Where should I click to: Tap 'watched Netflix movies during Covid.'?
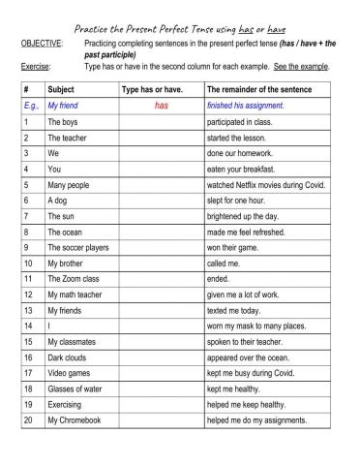coord(266,184)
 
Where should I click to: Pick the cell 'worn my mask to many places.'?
coord(256,326)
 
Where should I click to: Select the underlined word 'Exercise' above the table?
coord(35,66)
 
